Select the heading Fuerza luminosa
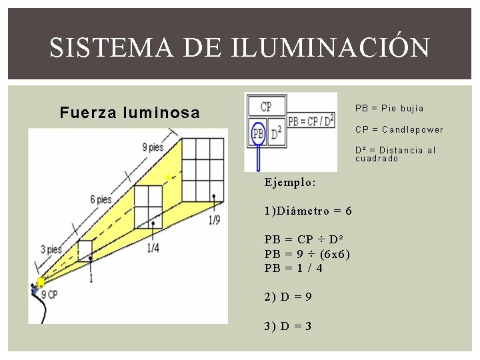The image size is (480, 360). [x=129, y=113]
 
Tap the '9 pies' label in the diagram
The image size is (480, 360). [x=153, y=147]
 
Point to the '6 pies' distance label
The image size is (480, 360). [x=101, y=199]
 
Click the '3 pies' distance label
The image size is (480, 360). [x=51, y=249]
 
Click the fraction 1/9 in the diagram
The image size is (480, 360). [x=214, y=221]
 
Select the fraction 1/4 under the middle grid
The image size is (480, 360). [x=153, y=248]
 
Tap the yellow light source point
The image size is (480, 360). [x=40, y=282]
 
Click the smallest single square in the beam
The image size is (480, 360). [x=85, y=251]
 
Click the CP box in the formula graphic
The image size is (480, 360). [x=266, y=107]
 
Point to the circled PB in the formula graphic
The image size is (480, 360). [x=258, y=135]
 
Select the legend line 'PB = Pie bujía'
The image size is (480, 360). [x=389, y=108]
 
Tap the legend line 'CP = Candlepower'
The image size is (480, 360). [x=399, y=129]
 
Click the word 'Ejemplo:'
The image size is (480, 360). [x=290, y=182]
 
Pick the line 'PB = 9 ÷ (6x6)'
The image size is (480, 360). [x=307, y=254]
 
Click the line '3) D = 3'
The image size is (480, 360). [x=288, y=326]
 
